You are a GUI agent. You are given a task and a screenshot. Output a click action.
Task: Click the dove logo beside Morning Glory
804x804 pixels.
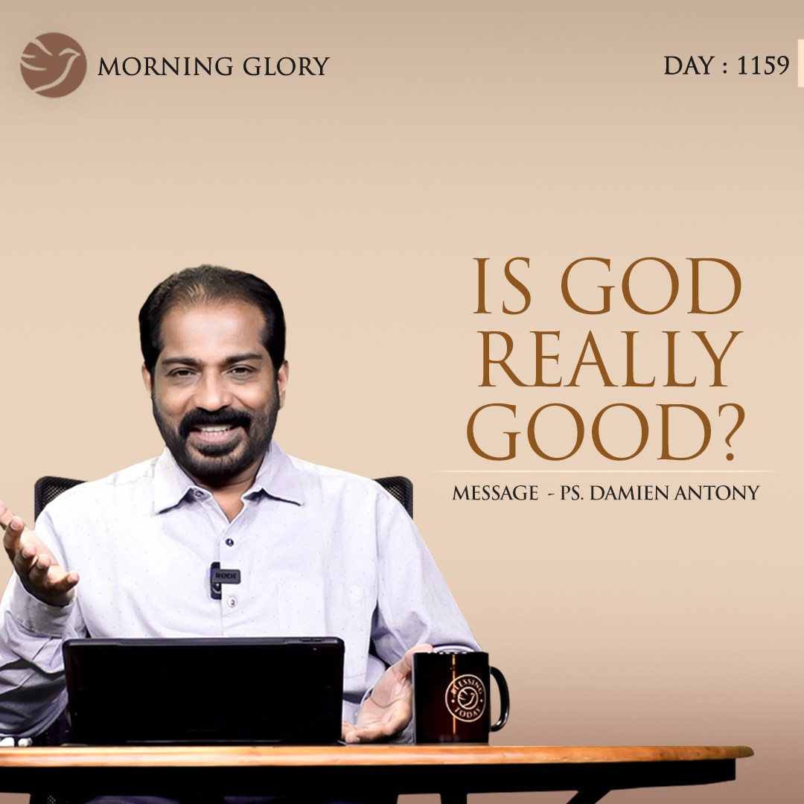53,65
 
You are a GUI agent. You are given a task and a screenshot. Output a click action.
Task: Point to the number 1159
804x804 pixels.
762,66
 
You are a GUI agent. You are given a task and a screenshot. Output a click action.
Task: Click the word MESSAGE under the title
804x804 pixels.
494,493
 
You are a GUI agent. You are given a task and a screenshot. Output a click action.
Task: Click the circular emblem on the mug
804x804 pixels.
465,698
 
